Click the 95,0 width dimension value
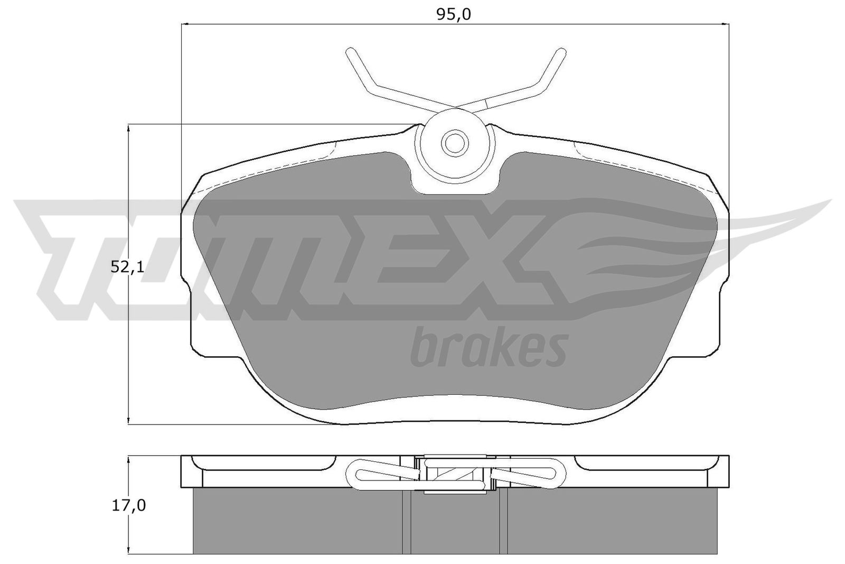tap(453, 14)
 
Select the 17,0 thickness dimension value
tap(128, 506)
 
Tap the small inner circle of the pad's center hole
tap(454, 142)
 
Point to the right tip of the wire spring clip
tap(558, 52)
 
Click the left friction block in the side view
tap(298, 521)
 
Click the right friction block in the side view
tap(610, 521)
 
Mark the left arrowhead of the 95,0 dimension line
tap(185, 24)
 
